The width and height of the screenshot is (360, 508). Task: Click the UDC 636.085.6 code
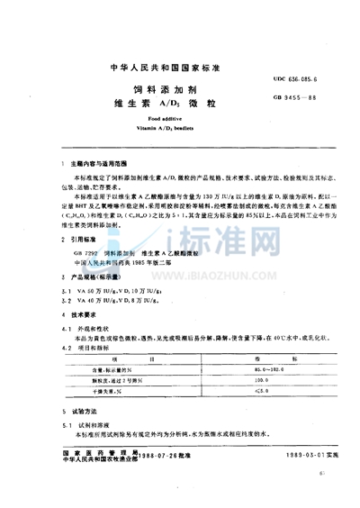290,80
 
